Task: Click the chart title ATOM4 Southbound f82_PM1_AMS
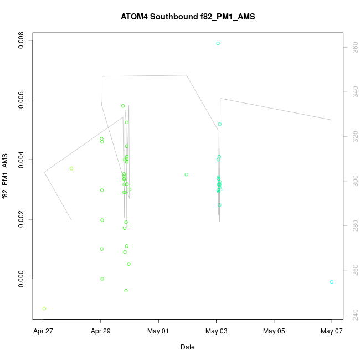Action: coord(188,17)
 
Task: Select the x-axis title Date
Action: coord(188,347)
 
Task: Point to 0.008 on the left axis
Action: coord(21,40)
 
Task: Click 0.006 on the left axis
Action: coord(21,100)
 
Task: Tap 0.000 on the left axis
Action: coord(21,279)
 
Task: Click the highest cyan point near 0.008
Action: coord(218,43)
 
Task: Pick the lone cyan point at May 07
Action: coord(332,282)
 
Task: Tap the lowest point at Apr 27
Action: coord(44,308)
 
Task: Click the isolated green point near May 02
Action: coord(187,174)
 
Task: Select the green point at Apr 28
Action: coord(71,168)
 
